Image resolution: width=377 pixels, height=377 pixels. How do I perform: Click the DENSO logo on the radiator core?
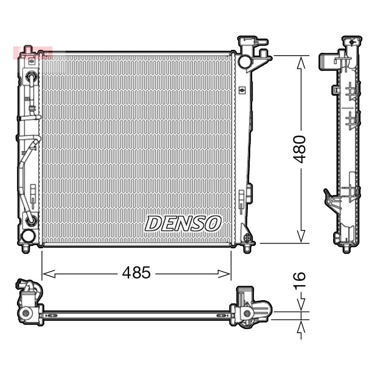pyautogui.click(x=183, y=223)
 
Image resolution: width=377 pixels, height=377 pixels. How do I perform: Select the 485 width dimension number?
pyautogui.click(x=136, y=273)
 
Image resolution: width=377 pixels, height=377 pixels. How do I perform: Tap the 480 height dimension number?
pyautogui.click(x=299, y=149)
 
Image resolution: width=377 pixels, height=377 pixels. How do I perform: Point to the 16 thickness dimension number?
pyautogui.click(x=299, y=280)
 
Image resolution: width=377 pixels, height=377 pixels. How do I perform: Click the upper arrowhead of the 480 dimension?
pyautogui.click(x=301, y=63)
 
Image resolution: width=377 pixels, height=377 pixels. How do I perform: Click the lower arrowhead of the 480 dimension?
pyautogui.click(x=301, y=236)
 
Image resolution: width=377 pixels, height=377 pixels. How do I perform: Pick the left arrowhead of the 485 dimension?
pyautogui.click(x=49, y=274)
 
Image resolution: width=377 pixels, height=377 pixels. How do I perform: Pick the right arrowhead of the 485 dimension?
pyautogui.click(x=224, y=274)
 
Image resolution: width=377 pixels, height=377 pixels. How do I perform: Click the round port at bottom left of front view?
pyautogui.click(x=28, y=236)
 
